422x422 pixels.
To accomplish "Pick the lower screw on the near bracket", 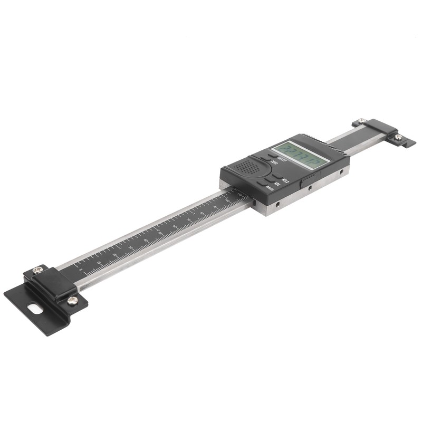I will [x=72, y=300].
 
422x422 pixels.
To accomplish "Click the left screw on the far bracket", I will [x=361, y=121].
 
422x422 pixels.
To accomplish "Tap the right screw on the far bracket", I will [x=398, y=137].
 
